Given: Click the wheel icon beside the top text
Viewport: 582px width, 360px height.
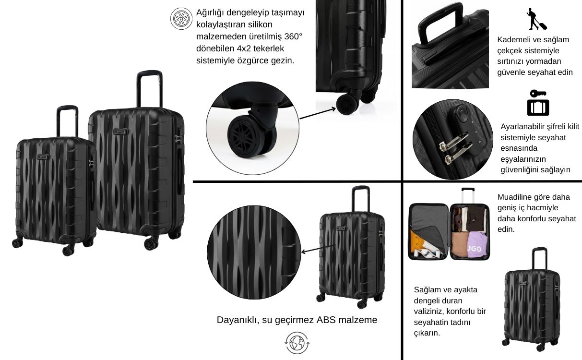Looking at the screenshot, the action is [181, 18].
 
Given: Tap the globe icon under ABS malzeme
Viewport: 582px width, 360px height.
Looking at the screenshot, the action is [297, 343].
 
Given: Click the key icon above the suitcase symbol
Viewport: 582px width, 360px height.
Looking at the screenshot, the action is [538, 94].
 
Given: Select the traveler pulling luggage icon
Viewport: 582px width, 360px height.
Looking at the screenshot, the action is [536, 19].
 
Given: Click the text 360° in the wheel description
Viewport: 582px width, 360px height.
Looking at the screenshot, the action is [293, 36].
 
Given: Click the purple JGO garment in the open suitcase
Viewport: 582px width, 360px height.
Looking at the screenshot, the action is [477, 245].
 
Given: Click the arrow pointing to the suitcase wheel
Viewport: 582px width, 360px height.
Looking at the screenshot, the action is [318, 113].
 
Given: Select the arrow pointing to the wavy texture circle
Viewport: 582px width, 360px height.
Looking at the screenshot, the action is [319, 249].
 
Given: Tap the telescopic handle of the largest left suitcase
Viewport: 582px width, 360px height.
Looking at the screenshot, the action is [150, 89].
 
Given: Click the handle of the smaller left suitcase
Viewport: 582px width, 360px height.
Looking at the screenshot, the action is [67, 121].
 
